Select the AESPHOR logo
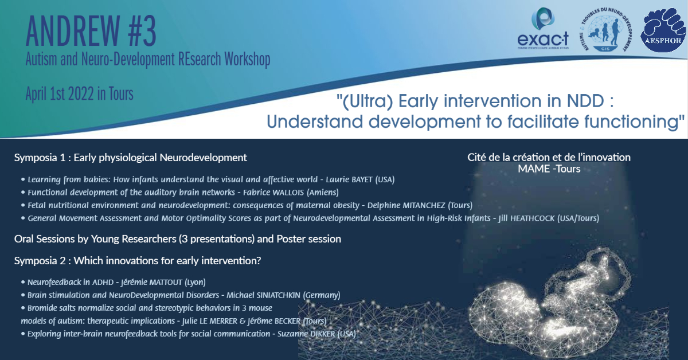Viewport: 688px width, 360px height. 663,30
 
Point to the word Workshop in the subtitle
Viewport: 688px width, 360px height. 247,59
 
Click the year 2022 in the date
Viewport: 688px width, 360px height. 81,93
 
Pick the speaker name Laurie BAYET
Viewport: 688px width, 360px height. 349,179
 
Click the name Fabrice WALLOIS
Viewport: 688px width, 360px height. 273,192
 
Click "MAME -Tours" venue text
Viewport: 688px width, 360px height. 549,169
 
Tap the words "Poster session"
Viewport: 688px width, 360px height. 308,239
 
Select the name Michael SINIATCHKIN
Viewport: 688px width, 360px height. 263,295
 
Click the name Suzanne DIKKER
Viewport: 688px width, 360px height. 306,334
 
